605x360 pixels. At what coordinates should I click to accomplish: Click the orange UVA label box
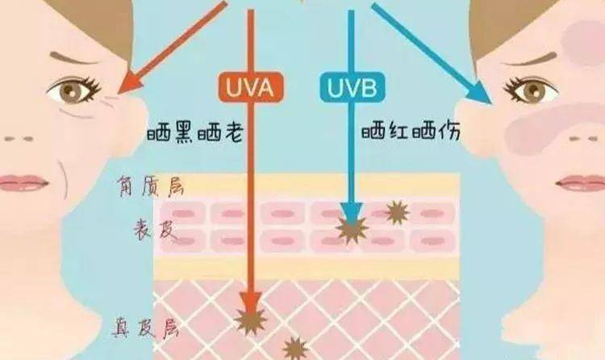click(x=251, y=87)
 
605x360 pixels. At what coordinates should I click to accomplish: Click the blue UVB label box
click(x=353, y=87)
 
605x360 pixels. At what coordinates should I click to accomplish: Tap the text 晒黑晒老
click(x=195, y=133)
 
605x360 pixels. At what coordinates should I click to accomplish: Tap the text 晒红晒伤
click(x=411, y=132)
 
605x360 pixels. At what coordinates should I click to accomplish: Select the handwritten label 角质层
click(x=151, y=186)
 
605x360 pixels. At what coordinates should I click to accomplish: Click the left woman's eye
click(x=74, y=90)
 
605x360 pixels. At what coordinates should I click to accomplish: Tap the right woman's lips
click(x=582, y=183)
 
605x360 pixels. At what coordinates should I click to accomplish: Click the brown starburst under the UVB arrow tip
click(x=352, y=229)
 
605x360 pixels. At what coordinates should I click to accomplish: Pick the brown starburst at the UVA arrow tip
click(x=251, y=320)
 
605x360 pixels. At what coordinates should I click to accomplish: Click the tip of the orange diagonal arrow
click(x=118, y=94)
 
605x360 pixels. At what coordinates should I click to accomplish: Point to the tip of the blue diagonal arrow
click(x=491, y=103)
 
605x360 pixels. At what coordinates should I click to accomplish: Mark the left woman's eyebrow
click(x=75, y=58)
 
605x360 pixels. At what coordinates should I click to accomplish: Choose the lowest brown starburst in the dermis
click(x=295, y=349)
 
